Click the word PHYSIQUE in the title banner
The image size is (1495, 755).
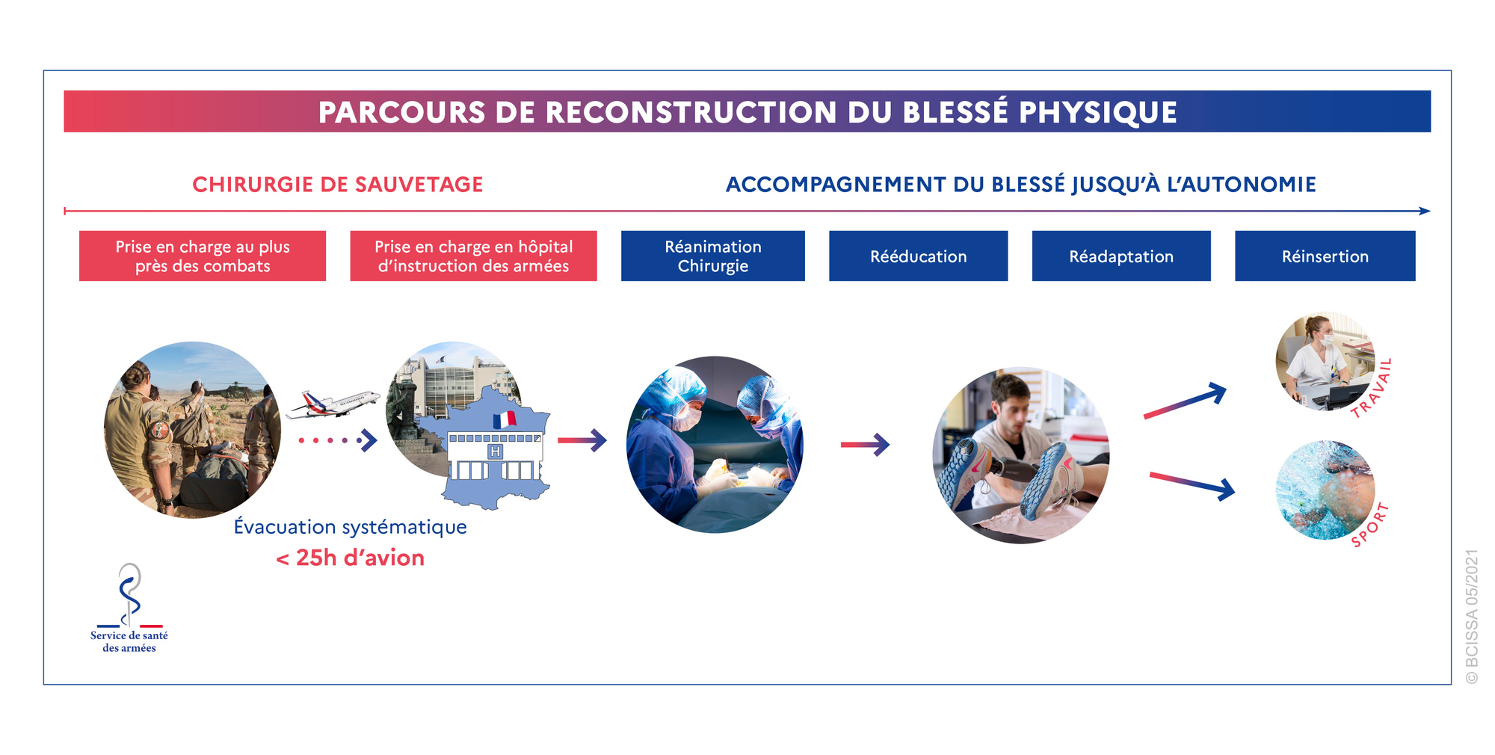click(1097, 112)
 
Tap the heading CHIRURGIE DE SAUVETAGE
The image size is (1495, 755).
click(338, 185)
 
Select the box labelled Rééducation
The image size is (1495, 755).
click(918, 256)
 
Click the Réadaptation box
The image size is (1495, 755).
click(1121, 256)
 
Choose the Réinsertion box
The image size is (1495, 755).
click(1325, 256)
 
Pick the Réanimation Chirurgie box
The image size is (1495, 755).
click(713, 256)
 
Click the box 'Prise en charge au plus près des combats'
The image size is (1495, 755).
click(203, 256)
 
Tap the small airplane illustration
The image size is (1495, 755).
click(333, 404)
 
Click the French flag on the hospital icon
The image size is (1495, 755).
click(505, 419)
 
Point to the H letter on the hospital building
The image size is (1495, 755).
click(495, 452)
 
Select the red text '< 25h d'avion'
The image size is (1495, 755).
click(350, 558)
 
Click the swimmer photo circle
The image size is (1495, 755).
click(1325, 490)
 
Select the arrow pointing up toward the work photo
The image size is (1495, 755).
click(1186, 401)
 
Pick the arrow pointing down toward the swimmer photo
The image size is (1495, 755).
click(1192, 486)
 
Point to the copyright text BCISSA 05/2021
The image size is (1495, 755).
click(1472, 617)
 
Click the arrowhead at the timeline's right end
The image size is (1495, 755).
click(1425, 211)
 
